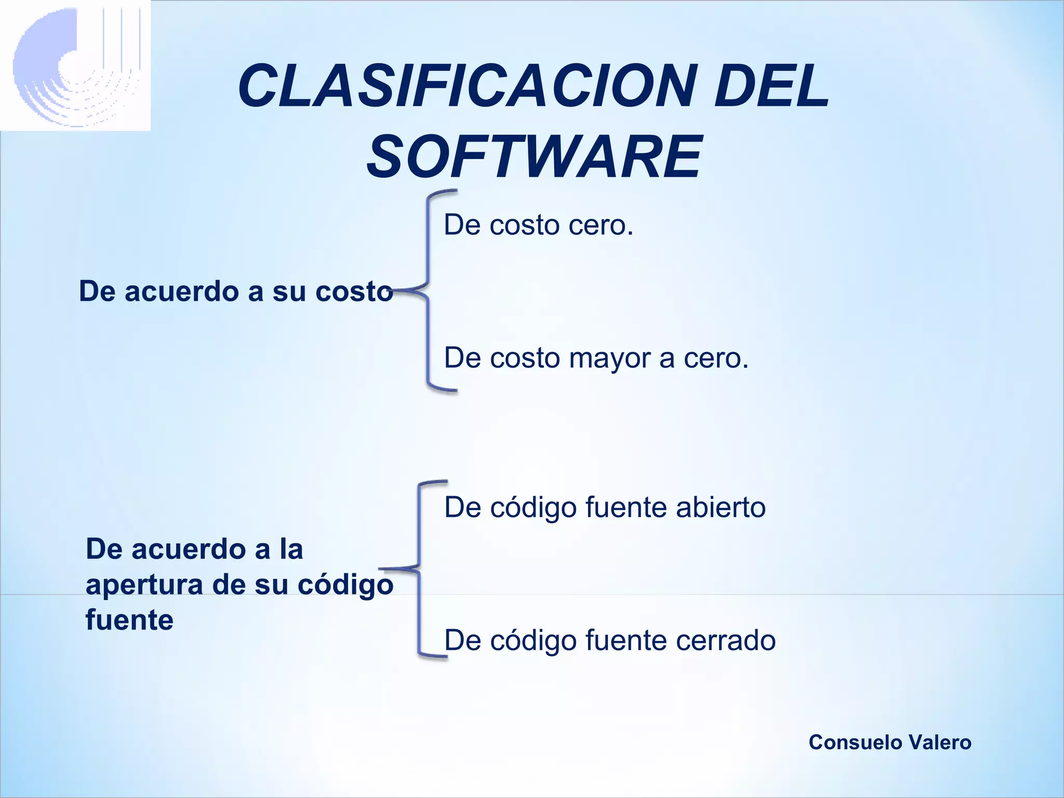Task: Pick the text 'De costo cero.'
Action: (x=538, y=225)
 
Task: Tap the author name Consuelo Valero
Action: (x=889, y=742)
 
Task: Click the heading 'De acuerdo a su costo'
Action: (x=235, y=291)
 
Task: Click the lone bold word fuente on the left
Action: (x=129, y=620)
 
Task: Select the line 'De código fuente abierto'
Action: (x=605, y=507)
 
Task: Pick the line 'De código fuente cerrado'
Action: (x=610, y=640)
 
